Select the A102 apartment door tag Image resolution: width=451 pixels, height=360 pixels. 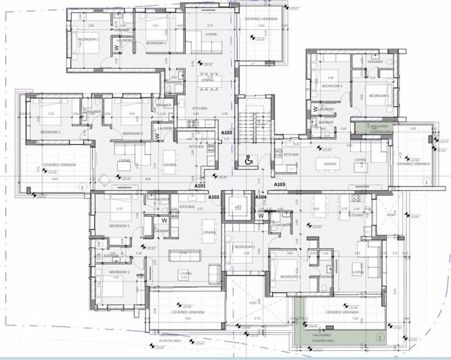click(x=214, y=197)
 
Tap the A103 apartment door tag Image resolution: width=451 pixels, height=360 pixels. click(x=280, y=185)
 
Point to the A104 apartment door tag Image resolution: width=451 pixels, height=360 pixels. click(x=261, y=197)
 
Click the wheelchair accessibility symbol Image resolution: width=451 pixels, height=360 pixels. click(x=249, y=160)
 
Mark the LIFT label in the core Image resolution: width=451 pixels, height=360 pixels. click(x=238, y=207)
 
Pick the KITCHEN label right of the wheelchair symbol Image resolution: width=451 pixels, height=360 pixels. click(x=291, y=154)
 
